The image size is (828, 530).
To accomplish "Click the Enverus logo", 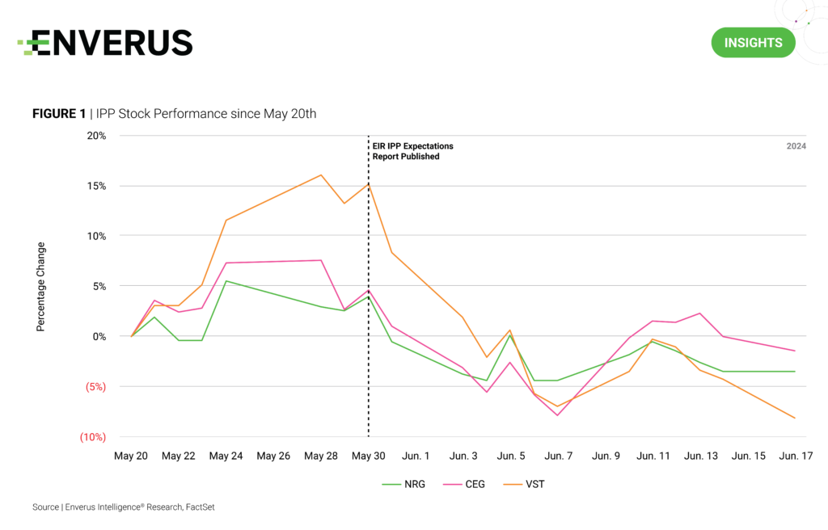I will click(105, 43).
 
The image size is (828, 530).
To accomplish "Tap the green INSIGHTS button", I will click(753, 43).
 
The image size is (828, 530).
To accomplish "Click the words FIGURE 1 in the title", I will click(58, 114).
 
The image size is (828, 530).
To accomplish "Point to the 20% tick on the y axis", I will click(96, 136).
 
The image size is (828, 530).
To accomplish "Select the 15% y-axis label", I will click(96, 186).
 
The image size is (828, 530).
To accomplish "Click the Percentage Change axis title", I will click(40, 286).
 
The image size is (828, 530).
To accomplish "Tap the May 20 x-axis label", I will click(131, 456).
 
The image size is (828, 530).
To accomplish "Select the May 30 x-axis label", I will click(369, 456).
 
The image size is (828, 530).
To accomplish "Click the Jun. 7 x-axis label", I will click(559, 456).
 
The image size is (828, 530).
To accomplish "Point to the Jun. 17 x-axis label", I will click(796, 456).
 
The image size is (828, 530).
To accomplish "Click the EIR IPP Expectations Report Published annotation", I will click(412, 151).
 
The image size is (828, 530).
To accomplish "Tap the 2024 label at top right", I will click(796, 146).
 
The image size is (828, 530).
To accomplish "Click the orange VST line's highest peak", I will click(321, 175).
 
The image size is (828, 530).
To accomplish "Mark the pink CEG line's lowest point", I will click(558, 415).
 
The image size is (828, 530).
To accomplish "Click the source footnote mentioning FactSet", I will click(123, 507).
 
